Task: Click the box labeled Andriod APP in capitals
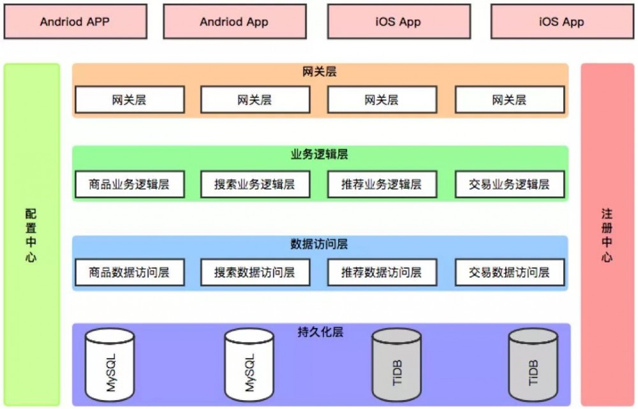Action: coord(75,22)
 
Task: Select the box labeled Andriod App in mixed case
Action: coord(234,22)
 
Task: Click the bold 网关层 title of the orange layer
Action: coord(320,72)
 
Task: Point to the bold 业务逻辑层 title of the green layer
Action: coord(320,155)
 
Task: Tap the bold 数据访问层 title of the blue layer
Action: coord(320,244)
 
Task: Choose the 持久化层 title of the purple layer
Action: coord(320,332)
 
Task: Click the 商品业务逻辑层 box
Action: coord(130,184)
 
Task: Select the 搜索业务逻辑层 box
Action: coord(255,184)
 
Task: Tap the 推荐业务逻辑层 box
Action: coord(382,184)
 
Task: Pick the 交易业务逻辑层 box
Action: coord(509,184)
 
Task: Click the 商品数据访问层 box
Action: coord(130,272)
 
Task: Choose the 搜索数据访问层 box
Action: coord(255,272)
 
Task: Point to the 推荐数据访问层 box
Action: coord(382,272)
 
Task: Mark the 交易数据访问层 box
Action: coord(509,272)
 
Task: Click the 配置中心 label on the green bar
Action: coord(31,235)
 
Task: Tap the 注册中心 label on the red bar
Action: coord(607,235)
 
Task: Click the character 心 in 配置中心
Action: coord(31,258)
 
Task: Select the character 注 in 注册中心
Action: coord(607,213)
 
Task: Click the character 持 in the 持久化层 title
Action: coord(303,332)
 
